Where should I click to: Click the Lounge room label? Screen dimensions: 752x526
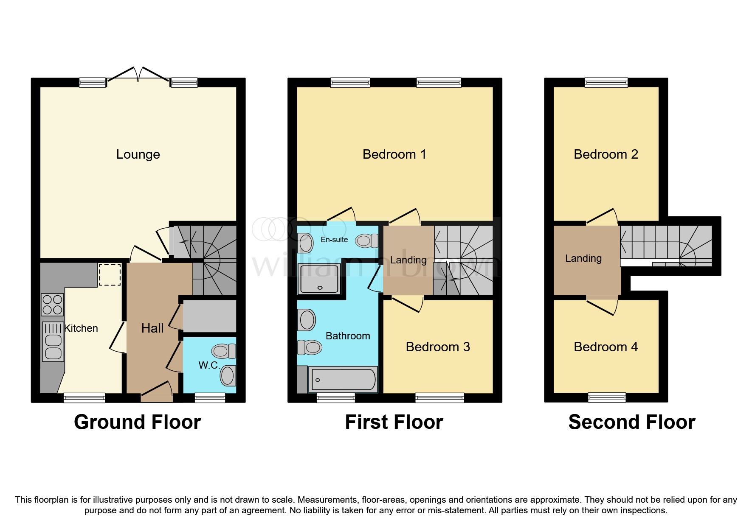pyautogui.click(x=138, y=154)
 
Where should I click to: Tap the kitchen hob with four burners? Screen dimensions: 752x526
pyautogui.click(x=53, y=305)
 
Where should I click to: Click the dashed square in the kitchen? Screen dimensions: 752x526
pyautogui.click(x=110, y=274)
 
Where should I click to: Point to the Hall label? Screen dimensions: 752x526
pyautogui.click(x=152, y=328)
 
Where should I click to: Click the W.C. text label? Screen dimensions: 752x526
pyautogui.click(x=208, y=365)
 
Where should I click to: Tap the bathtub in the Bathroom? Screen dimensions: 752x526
pyautogui.click(x=343, y=379)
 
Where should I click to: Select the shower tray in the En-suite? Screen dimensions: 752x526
pyautogui.click(x=319, y=279)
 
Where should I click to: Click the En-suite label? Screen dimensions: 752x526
pyautogui.click(x=334, y=240)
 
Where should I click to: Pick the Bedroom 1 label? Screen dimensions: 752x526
pyautogui.click(x=394, y=154)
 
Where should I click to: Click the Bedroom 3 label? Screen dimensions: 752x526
pyautogui.click(x=438, y=347)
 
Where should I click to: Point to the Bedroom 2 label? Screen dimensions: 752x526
pyautogui.click(x=606, y=154)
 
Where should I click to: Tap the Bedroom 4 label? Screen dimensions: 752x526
pyautogui.click(x=606, y=347)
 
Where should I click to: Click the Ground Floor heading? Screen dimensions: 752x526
pyautogui.click(x=138, y=422)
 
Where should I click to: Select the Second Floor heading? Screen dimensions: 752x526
pyautogui.click(x=632, y=422)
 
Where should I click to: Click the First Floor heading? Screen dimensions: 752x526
pyautogui.click(x=394, y=422)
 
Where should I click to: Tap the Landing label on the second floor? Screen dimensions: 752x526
pyautogui.click(x=583, y=258)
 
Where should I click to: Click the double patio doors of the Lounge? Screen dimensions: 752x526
pyautogui.click(x=138, y=76)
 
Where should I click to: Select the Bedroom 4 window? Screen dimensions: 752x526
pyautogui.click(x=607, y=397)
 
